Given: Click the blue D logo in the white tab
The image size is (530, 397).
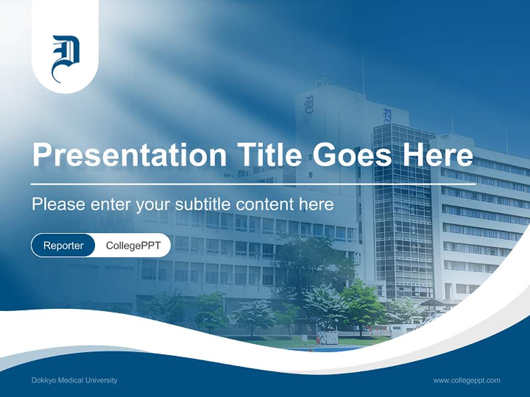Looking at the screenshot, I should pyautogui.click(x=65, y=58).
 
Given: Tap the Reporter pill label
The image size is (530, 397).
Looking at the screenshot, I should pyautogui.click(x=63, y=245).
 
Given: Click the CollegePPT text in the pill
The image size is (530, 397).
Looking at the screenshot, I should pyautogui.click(x=133, y=245).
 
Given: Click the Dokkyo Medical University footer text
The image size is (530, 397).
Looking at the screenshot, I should pyautogui.click(x=75, y=380).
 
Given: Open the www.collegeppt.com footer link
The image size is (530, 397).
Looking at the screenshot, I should pyautogui.click(x=467, y=380).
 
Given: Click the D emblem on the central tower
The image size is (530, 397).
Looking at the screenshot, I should pyautogui.click(x=388, y=116).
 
